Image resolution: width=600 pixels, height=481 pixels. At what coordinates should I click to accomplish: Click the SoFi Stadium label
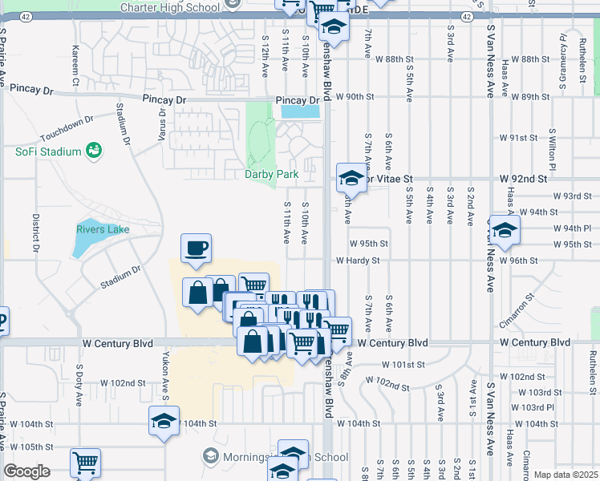point(48,152)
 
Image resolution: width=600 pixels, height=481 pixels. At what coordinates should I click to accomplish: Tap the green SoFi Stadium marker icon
point(94,150)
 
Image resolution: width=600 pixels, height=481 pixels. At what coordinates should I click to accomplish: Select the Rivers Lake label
point(103,229)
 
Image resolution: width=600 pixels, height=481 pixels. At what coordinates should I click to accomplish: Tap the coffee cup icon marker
point(195,249)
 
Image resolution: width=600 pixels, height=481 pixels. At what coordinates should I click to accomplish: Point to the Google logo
point(26,471)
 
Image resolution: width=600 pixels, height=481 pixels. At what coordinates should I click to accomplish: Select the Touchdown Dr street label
point(65,128)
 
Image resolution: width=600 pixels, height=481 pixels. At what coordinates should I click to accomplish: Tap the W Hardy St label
point(363,261)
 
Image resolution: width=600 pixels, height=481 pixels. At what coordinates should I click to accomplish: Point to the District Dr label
point(36,233)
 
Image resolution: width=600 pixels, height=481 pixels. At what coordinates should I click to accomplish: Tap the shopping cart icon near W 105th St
point(86,463)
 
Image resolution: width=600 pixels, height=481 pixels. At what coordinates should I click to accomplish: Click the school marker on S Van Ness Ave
point(503,229)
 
